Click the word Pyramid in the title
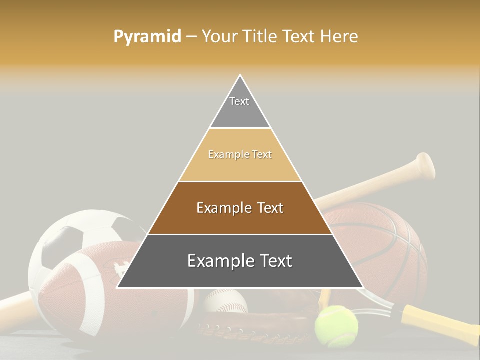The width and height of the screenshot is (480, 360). pyautogui.click(x=147, y=37)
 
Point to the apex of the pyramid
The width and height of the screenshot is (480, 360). pyautogui.click(x=240, y=76)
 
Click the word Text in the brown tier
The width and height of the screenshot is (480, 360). pyautogui.click(x=270, y=208)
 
